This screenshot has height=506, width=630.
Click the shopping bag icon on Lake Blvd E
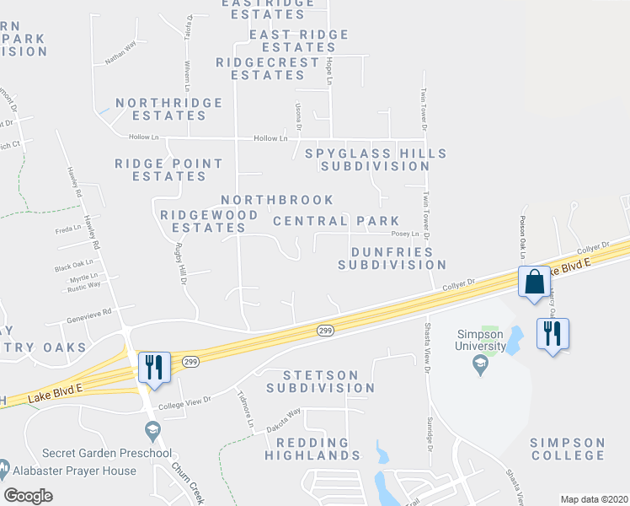click(535, 283)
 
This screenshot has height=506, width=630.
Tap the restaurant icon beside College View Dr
click(154, 368)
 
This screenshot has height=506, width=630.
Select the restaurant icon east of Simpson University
click(553, 334)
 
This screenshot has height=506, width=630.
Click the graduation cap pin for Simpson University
click(480, 364)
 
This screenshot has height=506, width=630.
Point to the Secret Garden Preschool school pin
click(152, 432)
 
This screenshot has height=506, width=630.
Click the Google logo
click(28, 496)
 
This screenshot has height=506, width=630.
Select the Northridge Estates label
click(168, 109)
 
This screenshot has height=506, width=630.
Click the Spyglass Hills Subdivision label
click(376, 159)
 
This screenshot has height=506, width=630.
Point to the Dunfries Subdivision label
click(392, 258)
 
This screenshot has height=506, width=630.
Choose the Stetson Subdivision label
click(321, 381)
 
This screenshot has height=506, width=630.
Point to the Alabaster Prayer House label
click(73, 471)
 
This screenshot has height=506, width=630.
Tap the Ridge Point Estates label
click(169, 170)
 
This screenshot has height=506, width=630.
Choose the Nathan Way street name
click(120, 57)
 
